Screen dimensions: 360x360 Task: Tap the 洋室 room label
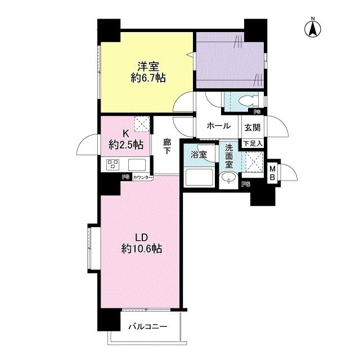click(x=148, y=66)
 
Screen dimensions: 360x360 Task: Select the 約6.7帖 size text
click(x=148, y=78)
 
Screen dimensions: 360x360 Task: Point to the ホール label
click(x=219, y=126)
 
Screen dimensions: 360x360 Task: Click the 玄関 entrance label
click(x=253, y=128)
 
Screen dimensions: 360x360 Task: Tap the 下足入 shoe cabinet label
click(x=253, y=144)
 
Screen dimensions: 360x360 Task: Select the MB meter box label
click(x=272, y=173)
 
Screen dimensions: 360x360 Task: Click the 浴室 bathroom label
click(x=199, y=155)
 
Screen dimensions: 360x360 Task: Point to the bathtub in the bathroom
click(x=199, y=178)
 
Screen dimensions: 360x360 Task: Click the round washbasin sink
click(x=228, y=178)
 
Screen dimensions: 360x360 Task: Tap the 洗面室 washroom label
click(x=229, y=156)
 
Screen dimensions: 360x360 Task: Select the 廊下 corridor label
click(x=167, y=146)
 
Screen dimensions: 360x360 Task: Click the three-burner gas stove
click(x=113, y=164)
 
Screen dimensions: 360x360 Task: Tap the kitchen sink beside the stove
click(x=137, y=165)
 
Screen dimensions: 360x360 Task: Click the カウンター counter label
click(x=142, y=177)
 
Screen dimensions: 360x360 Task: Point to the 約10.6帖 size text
click(x=142, y=249)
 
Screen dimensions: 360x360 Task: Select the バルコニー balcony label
click(x=147, y=326)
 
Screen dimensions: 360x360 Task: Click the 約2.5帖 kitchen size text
click(x=126, y=145)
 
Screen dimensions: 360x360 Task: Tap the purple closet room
click(x=229, y=60)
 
